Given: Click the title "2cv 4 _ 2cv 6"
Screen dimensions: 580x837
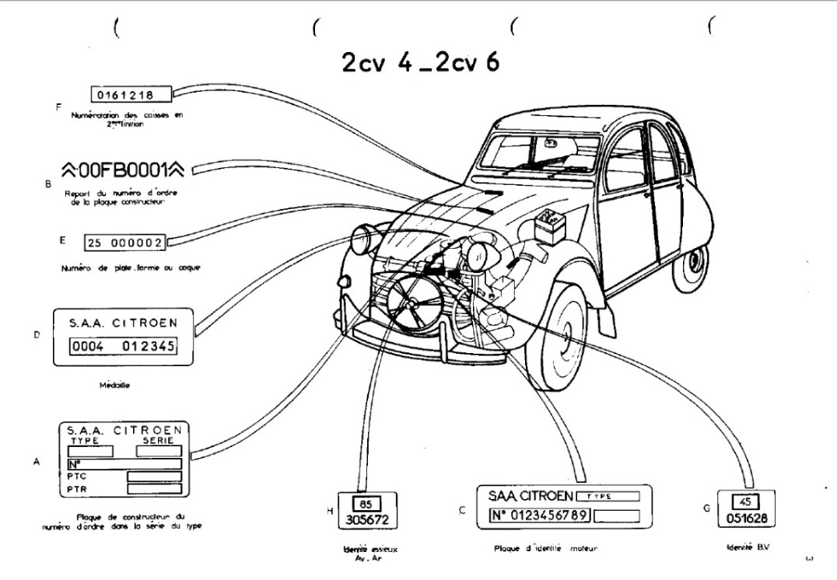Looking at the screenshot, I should [x=421, y=63].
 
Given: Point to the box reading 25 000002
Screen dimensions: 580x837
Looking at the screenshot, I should [x=124, y=243].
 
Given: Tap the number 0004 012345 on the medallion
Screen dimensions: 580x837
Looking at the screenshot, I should [x=123, y=346].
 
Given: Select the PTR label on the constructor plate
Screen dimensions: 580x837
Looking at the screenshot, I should [x=77, y=488].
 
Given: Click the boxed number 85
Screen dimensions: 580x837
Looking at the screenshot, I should [x=362, y=503].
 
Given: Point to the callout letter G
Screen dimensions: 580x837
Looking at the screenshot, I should [x=706, y=508].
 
